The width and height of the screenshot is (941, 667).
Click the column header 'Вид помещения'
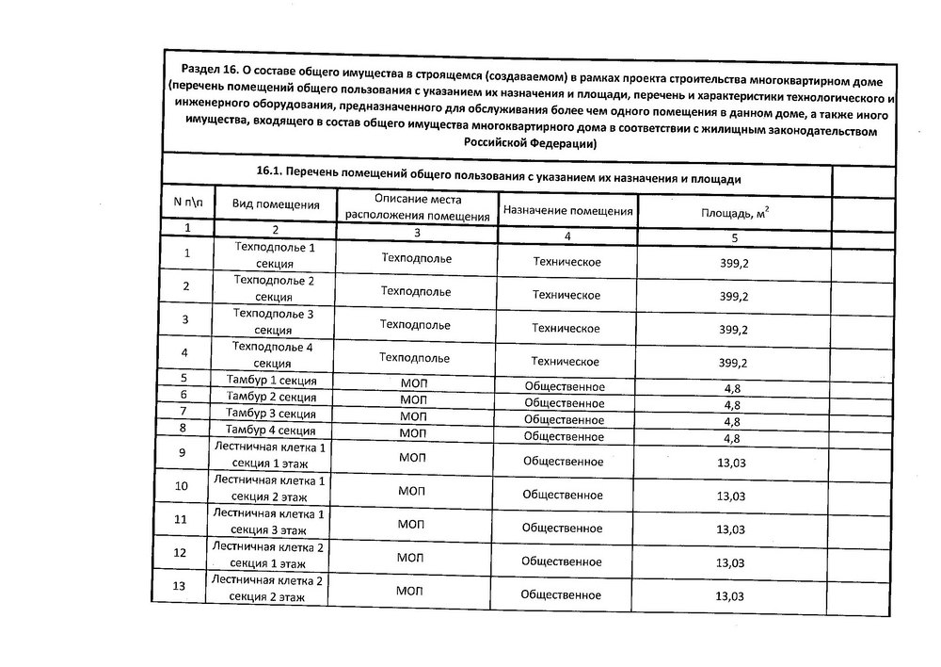(x=275, y=204)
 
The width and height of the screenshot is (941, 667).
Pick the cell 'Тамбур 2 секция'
(x=271, y=397)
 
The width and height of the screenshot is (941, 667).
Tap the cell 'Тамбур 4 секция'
(x=271, y=431)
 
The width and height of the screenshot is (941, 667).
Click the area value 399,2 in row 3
(x=733, y=330)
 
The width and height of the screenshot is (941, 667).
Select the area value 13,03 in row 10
(x=731, y=496)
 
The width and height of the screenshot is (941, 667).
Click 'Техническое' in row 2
(x=566, y=294)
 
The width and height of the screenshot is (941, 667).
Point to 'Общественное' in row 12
(x=562, y=561)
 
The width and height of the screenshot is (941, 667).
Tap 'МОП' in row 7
(x=413, y=416)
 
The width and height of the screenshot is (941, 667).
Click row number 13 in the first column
(x=182, y=587)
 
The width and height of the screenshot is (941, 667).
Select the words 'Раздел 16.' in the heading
(x=213, y=67)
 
